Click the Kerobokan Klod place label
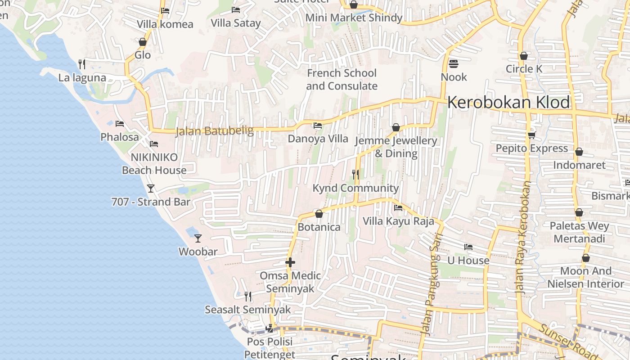point(508,103)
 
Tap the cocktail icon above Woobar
point(198,238)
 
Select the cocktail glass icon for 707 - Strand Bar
point(151,188)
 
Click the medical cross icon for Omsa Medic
point(290,262)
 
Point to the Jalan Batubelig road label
point(214,131)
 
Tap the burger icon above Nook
point(454,63)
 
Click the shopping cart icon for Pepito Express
point(531,135)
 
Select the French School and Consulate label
point(342,79)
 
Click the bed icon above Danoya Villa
point(318,126)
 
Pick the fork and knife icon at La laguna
point(82,64)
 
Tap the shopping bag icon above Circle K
point(523,56)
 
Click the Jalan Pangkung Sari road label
point(430,283)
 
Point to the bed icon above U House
point(468,247)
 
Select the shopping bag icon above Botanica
point(319,214)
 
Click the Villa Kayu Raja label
point(398,221)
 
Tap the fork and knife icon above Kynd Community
point(355,174)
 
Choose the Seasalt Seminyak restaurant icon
point(248,296)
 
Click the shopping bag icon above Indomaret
point(579,152)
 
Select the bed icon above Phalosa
point(120,123)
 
